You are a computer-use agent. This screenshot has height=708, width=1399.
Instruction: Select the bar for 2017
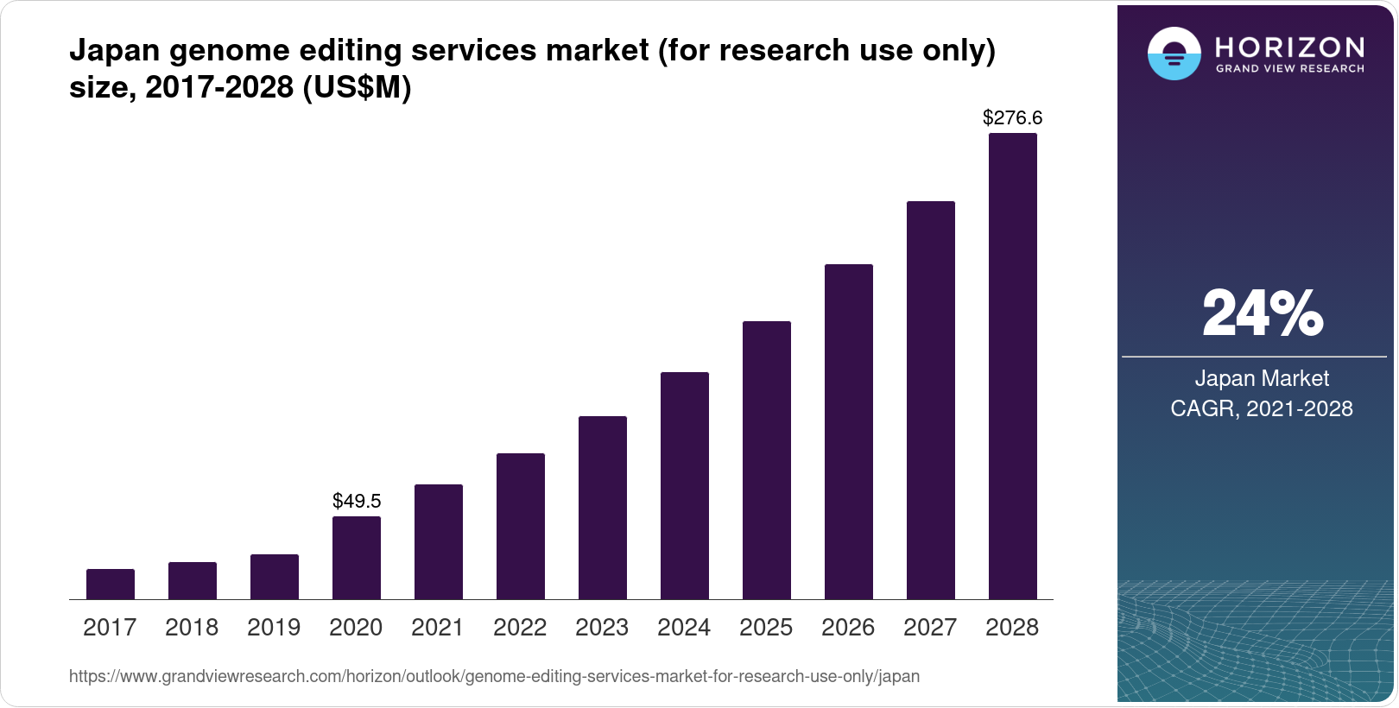coord(111,585)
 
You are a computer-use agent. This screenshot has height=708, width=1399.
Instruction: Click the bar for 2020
coord(357,558)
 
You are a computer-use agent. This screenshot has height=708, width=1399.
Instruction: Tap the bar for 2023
coord(603,508)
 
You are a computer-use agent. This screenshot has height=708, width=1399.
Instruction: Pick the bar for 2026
coord(849,432)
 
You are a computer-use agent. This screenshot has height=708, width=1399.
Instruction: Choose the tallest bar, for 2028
coord(1013,366)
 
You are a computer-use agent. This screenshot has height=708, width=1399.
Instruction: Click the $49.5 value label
coord(357,501)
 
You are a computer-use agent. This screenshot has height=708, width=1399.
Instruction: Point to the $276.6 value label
coord(1013,117)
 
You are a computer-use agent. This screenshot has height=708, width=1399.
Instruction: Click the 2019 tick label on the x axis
coord(274,628)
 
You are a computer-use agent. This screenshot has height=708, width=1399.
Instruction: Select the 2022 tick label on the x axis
coord(520,628)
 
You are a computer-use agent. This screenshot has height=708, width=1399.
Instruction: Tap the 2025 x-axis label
coord(766,628)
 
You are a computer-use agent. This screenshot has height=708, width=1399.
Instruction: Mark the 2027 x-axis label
coord(930,628)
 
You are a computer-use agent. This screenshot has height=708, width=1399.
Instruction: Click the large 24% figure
coord(1262,313)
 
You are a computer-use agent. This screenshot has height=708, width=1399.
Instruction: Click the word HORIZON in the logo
coord(1289,47)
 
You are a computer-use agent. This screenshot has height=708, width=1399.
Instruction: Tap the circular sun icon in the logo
coord(1174,54)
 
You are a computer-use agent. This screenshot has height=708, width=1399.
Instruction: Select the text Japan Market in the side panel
coord(1262,378)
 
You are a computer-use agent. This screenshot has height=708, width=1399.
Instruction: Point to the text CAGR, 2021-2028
coord(1262,408)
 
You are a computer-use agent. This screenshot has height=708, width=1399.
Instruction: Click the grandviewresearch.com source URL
coord(494,677)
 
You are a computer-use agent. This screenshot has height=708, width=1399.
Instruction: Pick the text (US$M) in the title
coord(357,87)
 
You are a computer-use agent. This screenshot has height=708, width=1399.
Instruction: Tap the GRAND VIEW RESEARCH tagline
coord(1289,69)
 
